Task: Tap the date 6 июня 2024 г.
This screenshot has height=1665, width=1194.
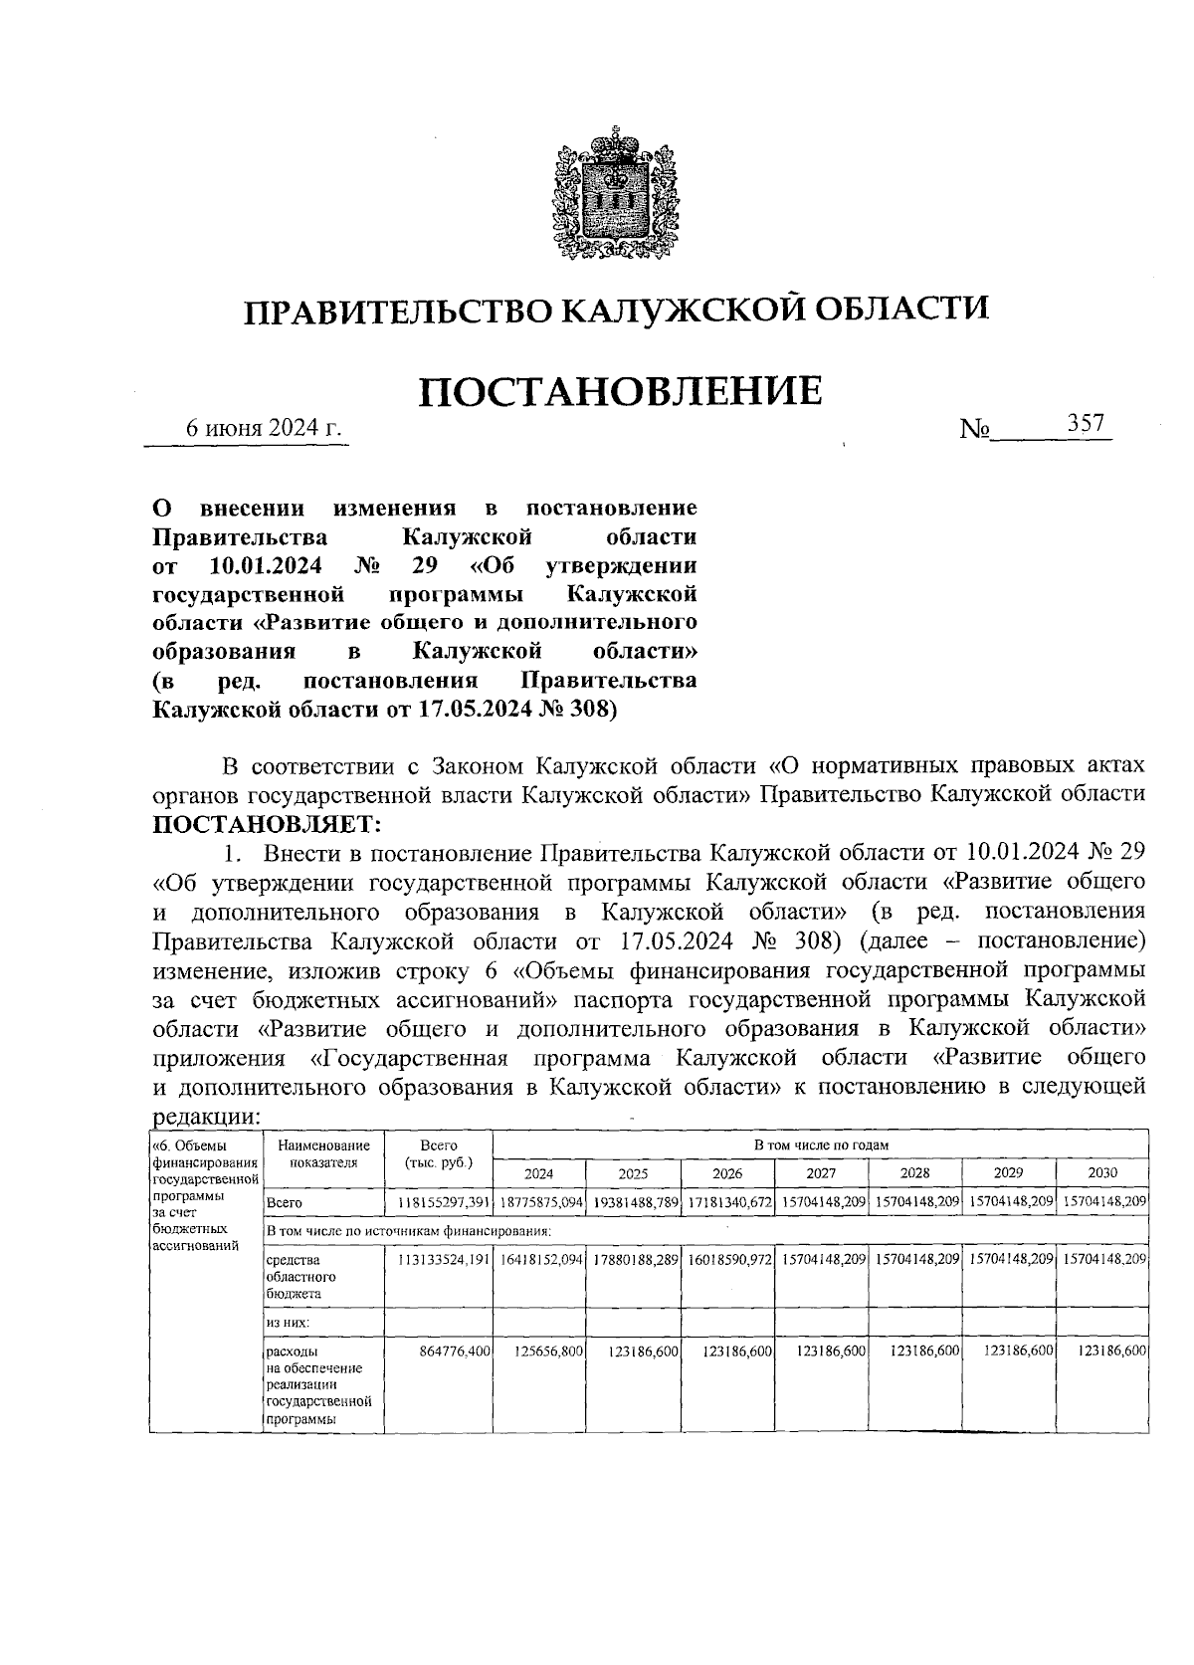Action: click(265, 428)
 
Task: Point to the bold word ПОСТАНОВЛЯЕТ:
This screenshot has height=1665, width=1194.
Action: click(266, 823)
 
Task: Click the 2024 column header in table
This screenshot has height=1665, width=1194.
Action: click(538, 1173)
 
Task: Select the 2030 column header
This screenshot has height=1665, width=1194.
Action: click(1101, 1173)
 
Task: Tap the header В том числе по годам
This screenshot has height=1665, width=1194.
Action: click(820, 1145)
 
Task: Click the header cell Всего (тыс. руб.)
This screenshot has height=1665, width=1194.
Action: click(438, 1154)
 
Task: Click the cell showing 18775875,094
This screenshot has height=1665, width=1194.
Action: click(540, 1202)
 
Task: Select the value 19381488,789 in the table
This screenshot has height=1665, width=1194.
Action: click(635, 1202)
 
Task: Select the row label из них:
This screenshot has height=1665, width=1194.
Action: click(288, 1323)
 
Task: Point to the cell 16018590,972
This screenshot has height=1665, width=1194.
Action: click(729, 1259)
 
